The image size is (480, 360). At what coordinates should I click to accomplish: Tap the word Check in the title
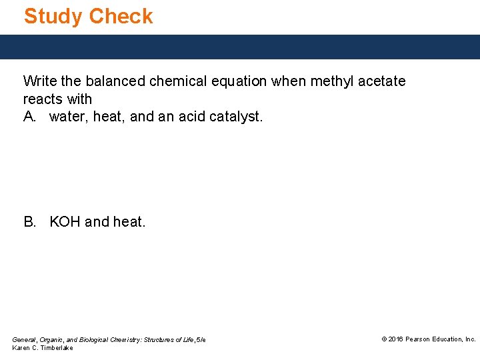coord(121,16)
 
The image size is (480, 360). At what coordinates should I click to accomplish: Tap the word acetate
coord(381,81)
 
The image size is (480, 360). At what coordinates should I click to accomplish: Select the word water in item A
coord(67,117)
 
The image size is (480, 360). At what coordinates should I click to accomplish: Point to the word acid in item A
coord(190,117)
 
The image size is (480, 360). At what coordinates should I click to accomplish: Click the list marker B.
coord(30,221)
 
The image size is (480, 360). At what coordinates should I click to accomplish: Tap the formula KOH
coord(65,221)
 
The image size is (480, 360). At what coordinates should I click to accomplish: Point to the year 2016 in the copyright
coord(396,339)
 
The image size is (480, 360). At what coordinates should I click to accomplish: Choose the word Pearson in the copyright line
coord(418,339)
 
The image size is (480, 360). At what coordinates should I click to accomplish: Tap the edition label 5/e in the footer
coord(200,340)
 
